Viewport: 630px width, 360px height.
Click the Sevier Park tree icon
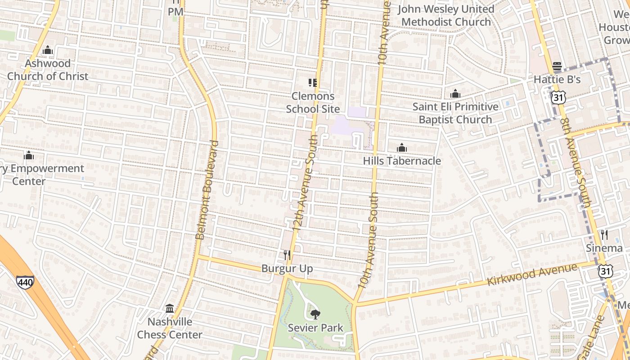click(315, 314)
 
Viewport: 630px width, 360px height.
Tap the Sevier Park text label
click(315, 328)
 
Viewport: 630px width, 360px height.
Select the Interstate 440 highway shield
click(25, 282)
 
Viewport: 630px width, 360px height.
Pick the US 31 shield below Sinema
click(605, 270)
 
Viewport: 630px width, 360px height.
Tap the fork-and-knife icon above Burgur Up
click(287, 255)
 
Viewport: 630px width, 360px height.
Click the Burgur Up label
click(287, 269)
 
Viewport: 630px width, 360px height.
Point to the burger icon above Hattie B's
click(557, 66)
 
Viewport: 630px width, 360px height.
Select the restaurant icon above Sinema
click(604, 234)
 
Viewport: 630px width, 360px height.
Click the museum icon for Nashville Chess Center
click(170, 308)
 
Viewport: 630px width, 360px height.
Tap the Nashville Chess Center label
click(170, 328)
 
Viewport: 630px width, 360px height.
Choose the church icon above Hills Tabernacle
click(402, 148)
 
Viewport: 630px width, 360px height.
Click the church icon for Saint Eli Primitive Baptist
click(455, 94)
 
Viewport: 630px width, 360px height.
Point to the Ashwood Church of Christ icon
click(48, 50)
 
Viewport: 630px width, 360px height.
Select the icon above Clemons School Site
click(313, 82)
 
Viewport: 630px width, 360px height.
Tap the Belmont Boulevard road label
click(207, 189)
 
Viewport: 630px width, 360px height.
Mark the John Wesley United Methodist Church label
click(447, 15)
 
